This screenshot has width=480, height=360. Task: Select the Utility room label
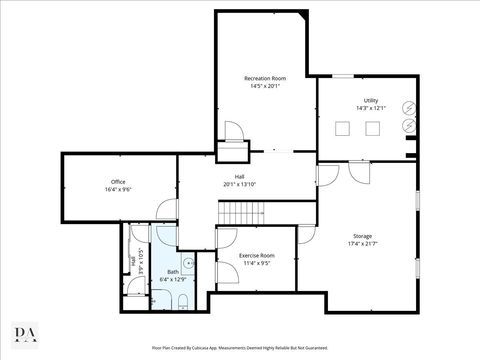(x=370, y=101)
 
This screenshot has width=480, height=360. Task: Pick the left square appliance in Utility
(x=343, y=127)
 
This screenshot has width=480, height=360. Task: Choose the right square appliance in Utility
(x=373, y=127)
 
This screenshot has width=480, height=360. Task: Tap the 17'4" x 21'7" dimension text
(x=362, y=243)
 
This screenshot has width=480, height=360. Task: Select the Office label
(x=118, y=181)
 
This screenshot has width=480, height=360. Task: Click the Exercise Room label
(x=257, y=256)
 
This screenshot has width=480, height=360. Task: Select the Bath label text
(x=173, y=272)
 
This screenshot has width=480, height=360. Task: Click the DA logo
(x=27, y=332)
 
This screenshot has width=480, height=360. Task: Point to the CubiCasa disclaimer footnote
(x=239, y=348)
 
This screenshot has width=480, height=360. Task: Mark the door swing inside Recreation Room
(x=233, y=134)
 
